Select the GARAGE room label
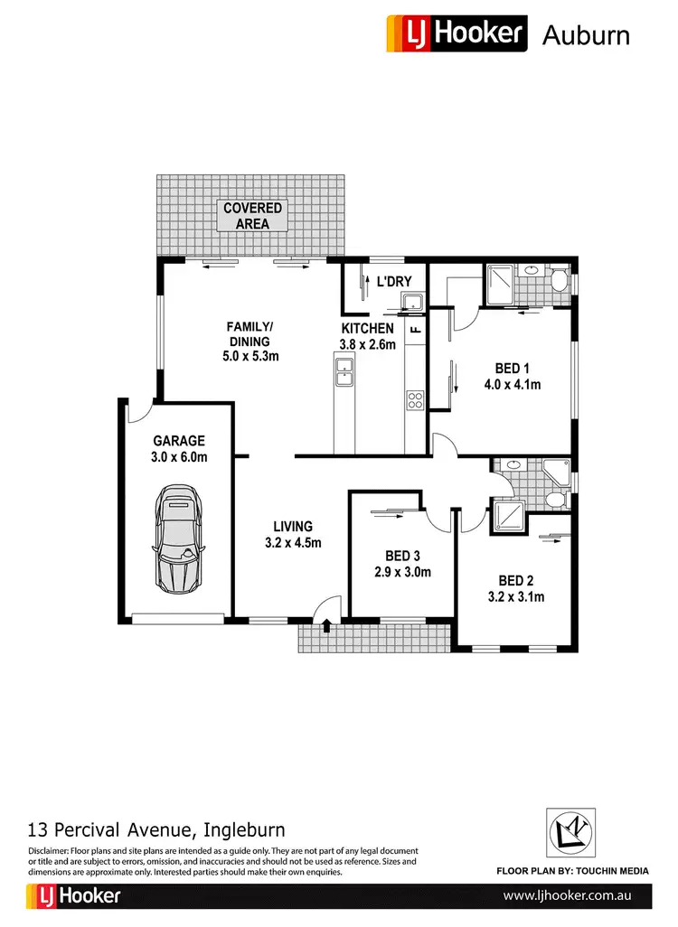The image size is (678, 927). click(x=179, y=441)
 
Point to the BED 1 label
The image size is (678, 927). click(x=512, y=368)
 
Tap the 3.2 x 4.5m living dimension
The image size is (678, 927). click(x=293, y=543)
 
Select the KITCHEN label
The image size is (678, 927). click(x=367, y=328)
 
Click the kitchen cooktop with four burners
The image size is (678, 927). click(x=415, y=398)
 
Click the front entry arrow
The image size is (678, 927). click(x=326, y=624)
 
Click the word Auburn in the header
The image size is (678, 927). click(x=585, y=35)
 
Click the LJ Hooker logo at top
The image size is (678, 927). click(x=456, y=33)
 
